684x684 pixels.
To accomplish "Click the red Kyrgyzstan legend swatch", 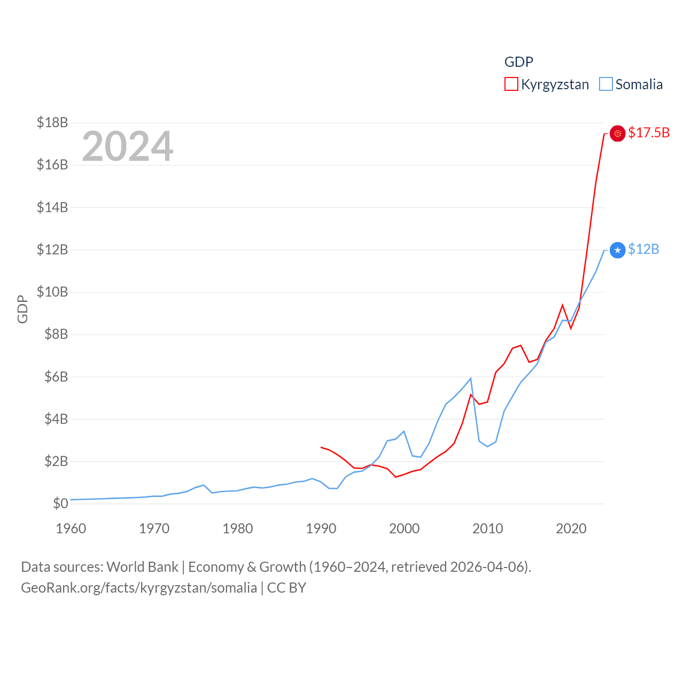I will coord(511,84).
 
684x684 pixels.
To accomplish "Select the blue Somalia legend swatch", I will coord(605,84).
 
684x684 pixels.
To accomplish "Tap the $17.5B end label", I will coord(649,133).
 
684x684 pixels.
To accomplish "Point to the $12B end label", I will coord(643,250).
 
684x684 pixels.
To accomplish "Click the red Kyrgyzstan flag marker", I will coord(618,133).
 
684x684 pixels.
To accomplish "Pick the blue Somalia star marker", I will coord(618,250).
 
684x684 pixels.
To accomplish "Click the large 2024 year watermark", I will coord(128,146).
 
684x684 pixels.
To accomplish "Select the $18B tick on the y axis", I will coord(52,122).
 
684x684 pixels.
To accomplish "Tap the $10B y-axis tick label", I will coord(52,292).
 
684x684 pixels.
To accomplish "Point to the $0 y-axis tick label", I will coord(60,503).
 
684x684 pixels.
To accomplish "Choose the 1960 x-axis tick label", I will coord(71,528).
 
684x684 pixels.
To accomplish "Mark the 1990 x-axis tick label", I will coord(321,528).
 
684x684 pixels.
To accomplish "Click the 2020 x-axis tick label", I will coord(571,528).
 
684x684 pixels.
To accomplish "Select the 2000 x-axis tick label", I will coord(405,528).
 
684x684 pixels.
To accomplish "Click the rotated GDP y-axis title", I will coord(22,309).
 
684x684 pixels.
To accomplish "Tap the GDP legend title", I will coord(519,62).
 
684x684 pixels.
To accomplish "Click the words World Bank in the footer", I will coord(143,567).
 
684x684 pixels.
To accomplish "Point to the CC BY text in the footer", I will coord(286,588).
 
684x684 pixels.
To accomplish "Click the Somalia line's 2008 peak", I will coord(471,378).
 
